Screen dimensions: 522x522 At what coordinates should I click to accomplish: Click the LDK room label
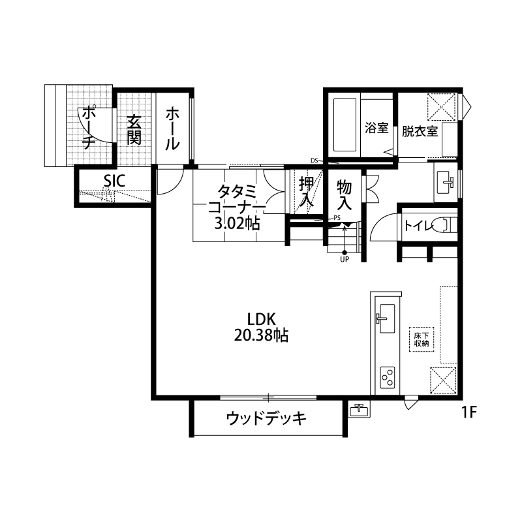[x=262, y=319]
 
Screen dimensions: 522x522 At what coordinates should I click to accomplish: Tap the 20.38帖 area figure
[x=261, y=335]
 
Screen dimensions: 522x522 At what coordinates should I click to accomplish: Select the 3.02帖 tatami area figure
[x=237, y=224]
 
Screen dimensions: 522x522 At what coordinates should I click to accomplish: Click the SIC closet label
[x=114, y=181]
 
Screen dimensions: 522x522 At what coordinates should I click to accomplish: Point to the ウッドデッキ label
[x=266, y=418]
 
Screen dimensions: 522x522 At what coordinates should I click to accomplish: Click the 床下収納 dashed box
[x=422, y=339]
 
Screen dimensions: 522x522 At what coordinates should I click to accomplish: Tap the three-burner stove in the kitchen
[x=388, y=378]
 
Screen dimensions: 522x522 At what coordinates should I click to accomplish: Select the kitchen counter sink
[x=387, y=318]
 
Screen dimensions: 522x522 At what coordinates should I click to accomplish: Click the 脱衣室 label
[x=420, y=131]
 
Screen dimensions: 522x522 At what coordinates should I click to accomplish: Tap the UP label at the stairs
[x=345, y=259]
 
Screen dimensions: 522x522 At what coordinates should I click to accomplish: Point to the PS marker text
[x=337, y=219]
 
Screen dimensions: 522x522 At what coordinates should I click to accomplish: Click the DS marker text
[x=315, y=161]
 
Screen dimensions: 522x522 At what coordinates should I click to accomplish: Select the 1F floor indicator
[x=469, y=413]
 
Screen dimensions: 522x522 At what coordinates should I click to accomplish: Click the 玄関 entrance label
[x=134, y=130]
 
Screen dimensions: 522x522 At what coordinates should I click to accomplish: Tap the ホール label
[x=172, y=129]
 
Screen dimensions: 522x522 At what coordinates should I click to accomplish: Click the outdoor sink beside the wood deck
[x=359, y=409]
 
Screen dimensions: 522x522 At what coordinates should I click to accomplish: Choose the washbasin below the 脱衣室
[x=446, y=183]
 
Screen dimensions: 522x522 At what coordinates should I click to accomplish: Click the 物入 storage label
[x=345, y=195]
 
